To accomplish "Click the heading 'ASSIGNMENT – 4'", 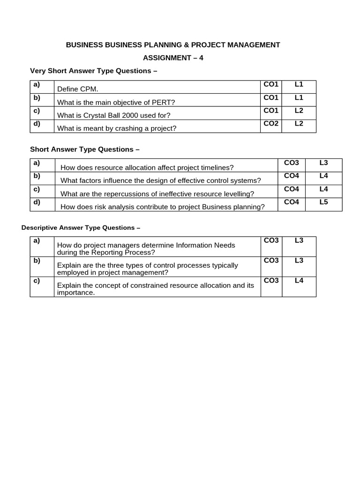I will (x=173, y=58).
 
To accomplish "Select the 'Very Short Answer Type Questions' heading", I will (x=93, y=71).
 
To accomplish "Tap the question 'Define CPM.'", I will (x=77, y=89).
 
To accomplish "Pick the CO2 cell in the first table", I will (x=271, y=124).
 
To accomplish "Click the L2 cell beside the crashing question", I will (x=299, y=124).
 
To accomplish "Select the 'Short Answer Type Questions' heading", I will (x=85, y=149).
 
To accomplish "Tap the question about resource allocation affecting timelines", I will (x=147, y=167).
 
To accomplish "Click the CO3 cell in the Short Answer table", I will (x=292, y=163).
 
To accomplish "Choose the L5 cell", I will (x=323, y=202).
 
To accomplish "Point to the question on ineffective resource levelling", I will (x=157, y=194).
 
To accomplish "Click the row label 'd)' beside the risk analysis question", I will (x=37, y=202).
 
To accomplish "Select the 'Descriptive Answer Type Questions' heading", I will (x=81, y=228).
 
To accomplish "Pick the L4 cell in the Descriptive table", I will (x=299, y=280).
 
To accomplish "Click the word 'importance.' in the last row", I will (x=75, y=292).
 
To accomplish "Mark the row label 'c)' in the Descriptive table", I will (x=37, y=280).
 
